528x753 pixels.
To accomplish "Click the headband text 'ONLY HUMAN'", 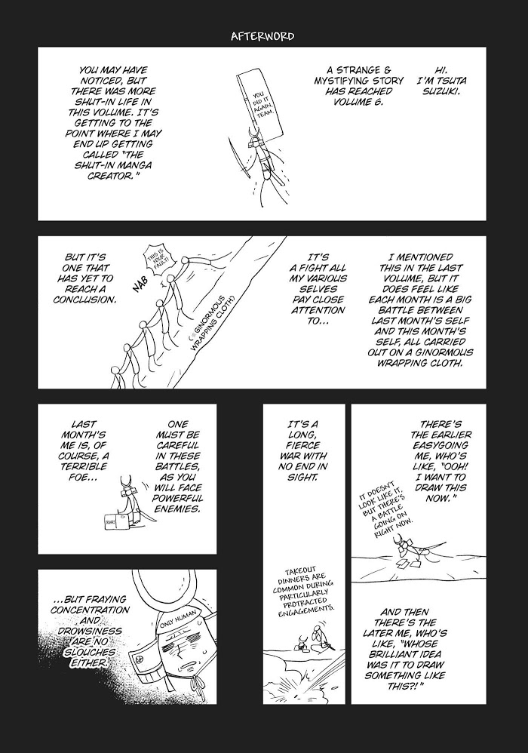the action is [177, 624].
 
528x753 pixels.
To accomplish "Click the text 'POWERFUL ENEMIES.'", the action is [179, 503].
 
